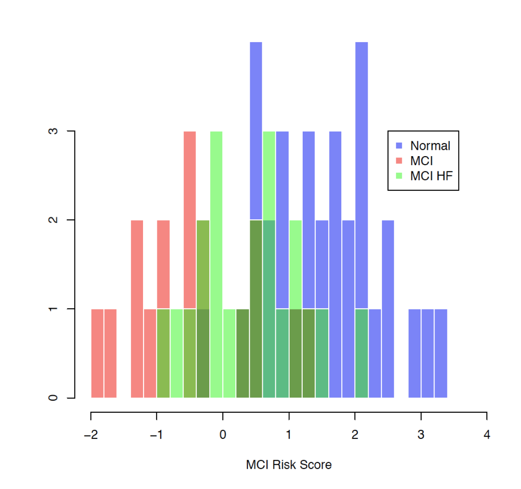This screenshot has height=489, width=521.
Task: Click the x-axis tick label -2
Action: click(x=91, y=435)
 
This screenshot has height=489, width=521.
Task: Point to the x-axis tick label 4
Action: click(x=487, y=435)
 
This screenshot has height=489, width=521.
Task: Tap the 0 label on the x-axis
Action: click(x=223, y=435)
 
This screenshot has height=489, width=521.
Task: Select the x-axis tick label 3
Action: click(x=421, y=435)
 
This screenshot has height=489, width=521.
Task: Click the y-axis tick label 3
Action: click(x=53, y=131)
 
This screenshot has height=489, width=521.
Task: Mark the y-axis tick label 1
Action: click(x=53, y=309)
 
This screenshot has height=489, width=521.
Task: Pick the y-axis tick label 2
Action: click(x=53, y=220)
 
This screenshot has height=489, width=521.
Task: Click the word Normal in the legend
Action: click(x=430, y=146)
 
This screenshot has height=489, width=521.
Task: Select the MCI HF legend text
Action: click(x=431, y=176)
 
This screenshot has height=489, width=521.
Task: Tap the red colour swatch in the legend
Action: click(x=399, y=161)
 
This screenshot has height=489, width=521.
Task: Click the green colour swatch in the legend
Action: click(x=399, y=176)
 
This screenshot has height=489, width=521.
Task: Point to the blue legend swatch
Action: click(x=399, y=146)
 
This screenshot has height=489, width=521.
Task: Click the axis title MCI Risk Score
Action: click(x=289, y=465)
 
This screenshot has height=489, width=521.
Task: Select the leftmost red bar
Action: click(x=97, y=354)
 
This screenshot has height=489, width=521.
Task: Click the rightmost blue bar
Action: click(x=441, y=354)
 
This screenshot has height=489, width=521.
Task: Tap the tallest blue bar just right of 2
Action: click(x=361, y=170)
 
